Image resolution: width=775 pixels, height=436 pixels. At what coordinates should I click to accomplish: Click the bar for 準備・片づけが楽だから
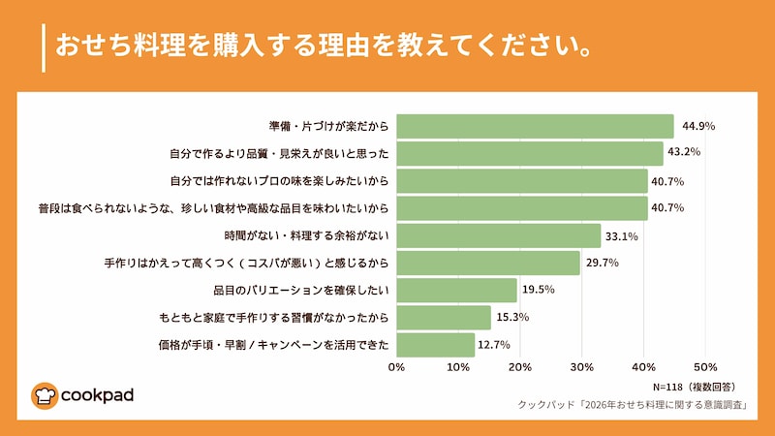[535, 126]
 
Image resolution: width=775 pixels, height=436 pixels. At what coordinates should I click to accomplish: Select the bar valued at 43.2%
[530, 153]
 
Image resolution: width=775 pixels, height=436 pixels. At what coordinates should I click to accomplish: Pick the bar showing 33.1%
[498, 235]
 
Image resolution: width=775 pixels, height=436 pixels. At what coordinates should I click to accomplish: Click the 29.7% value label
[602, 263]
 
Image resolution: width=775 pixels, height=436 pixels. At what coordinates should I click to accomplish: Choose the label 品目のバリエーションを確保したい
[300, 290]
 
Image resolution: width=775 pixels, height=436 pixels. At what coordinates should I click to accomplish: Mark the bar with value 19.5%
[456, 290]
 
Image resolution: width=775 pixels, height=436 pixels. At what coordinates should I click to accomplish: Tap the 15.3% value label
[512, 317]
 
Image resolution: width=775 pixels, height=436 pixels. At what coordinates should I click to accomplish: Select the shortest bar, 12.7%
[435, 344]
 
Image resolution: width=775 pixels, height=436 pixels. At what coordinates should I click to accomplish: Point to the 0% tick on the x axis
[396, 367]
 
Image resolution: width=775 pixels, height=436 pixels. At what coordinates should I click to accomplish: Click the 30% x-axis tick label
[581, 367]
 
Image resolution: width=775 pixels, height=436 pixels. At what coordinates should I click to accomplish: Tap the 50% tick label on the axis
[705, 367]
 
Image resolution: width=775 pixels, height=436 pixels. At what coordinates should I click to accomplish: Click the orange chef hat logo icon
[45, 395]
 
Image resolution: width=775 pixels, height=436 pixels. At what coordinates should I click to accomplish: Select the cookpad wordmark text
[97, 396]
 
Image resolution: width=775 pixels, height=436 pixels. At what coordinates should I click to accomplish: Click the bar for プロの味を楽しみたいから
[522, 180]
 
